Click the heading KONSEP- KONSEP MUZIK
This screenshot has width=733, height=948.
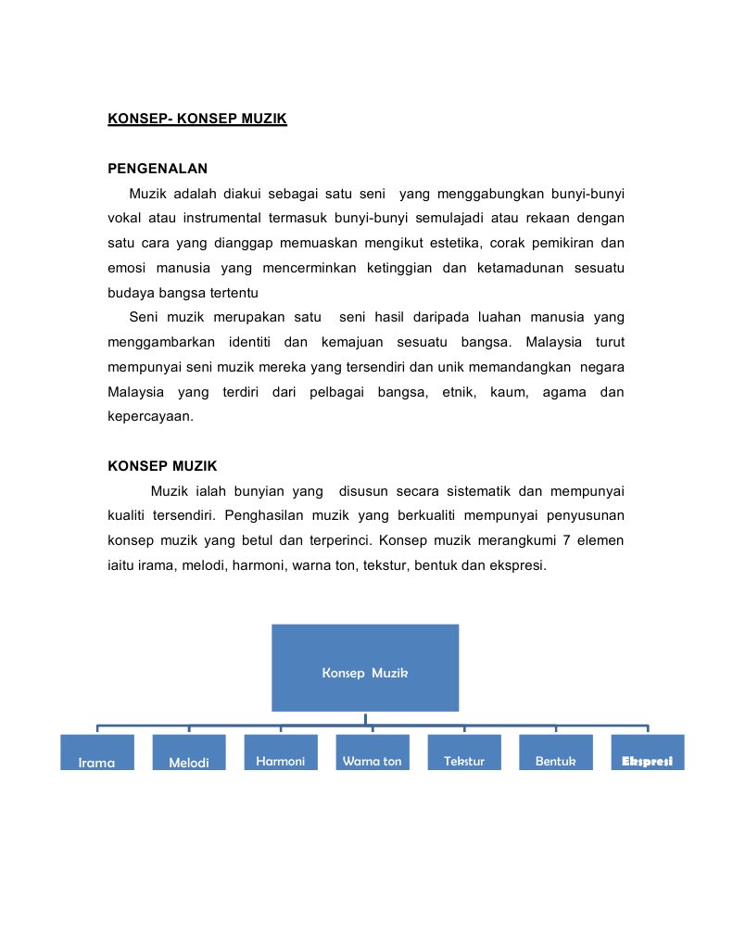pos(197,119)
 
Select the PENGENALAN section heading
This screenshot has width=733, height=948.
pos(158,169)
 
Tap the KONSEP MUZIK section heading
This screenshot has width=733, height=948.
pos(162,466)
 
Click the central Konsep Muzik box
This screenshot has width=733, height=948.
pos(365,667)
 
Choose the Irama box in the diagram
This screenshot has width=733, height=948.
pos(97,752)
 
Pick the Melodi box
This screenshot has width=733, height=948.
pos(189,752)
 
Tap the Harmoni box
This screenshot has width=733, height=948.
pos(280,752)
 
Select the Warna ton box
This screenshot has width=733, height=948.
pos(372,752)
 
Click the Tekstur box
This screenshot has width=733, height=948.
pos(464,752)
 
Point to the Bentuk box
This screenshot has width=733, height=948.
pos(556,752)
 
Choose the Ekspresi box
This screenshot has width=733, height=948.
pos(647,752)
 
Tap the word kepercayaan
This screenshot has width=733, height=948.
pos(150,417)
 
